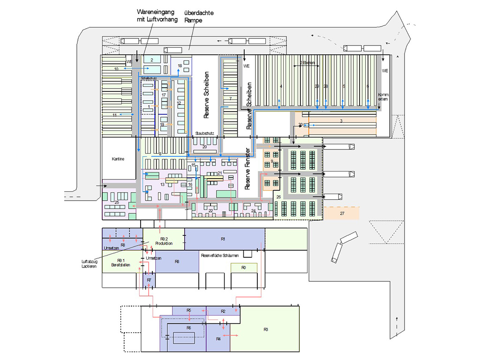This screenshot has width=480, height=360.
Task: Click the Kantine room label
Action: pos(118,159)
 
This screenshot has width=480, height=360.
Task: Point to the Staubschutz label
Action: pos(205,134)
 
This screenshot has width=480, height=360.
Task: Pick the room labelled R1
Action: pos(223,239)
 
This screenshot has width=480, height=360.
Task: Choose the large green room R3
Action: pos(266,330)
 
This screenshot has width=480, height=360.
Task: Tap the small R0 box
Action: pos(244,268)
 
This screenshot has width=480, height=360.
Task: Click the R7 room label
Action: pos(149,280)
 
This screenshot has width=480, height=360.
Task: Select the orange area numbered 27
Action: pos(342,213)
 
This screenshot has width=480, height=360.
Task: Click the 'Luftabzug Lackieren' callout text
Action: pos(89,263)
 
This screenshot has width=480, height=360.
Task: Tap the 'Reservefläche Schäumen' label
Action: pos(220,256)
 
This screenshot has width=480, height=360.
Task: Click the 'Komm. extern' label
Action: pos(383,96)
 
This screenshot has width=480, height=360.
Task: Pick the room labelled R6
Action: pos(188,328)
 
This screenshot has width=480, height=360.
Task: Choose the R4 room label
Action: pos(218,338)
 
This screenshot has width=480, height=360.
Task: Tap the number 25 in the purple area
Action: pos(117,202)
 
